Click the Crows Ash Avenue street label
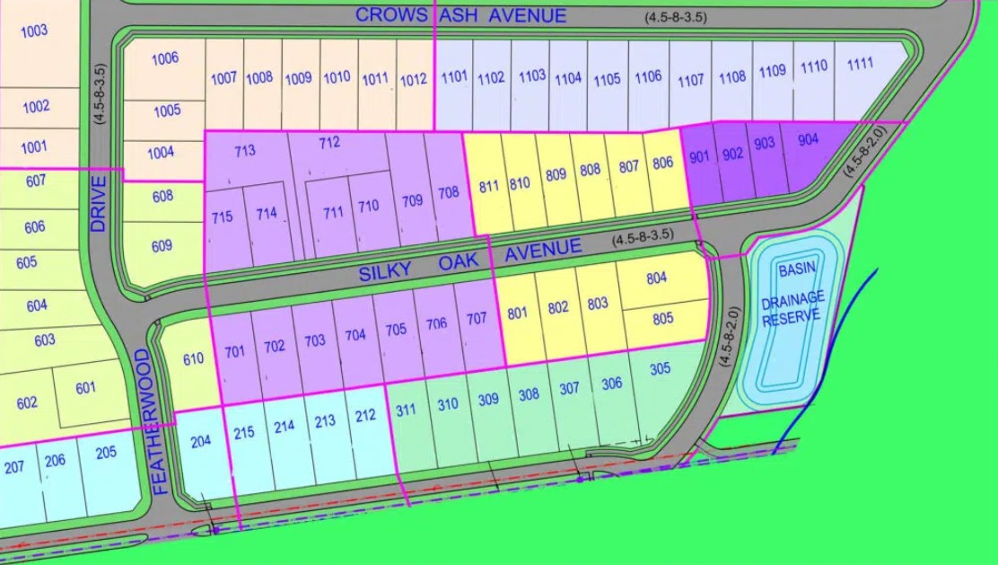tap(460, 15)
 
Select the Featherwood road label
tap(153, 422)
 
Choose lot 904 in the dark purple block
tap(807, 139)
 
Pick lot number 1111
tap(859, 63)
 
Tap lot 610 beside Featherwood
tap(192, 359)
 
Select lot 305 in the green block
tap(660, 368)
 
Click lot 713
tap(245, 151)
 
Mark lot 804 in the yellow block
tap(658, 278)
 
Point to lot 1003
tap(34, 31)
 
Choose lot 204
tap(201, 441)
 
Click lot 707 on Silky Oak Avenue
tap(477, 318)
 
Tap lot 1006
tap(164, 58)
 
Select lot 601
tap(85, 388)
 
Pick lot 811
tap(488, 187)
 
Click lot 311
tap(406, 411)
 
